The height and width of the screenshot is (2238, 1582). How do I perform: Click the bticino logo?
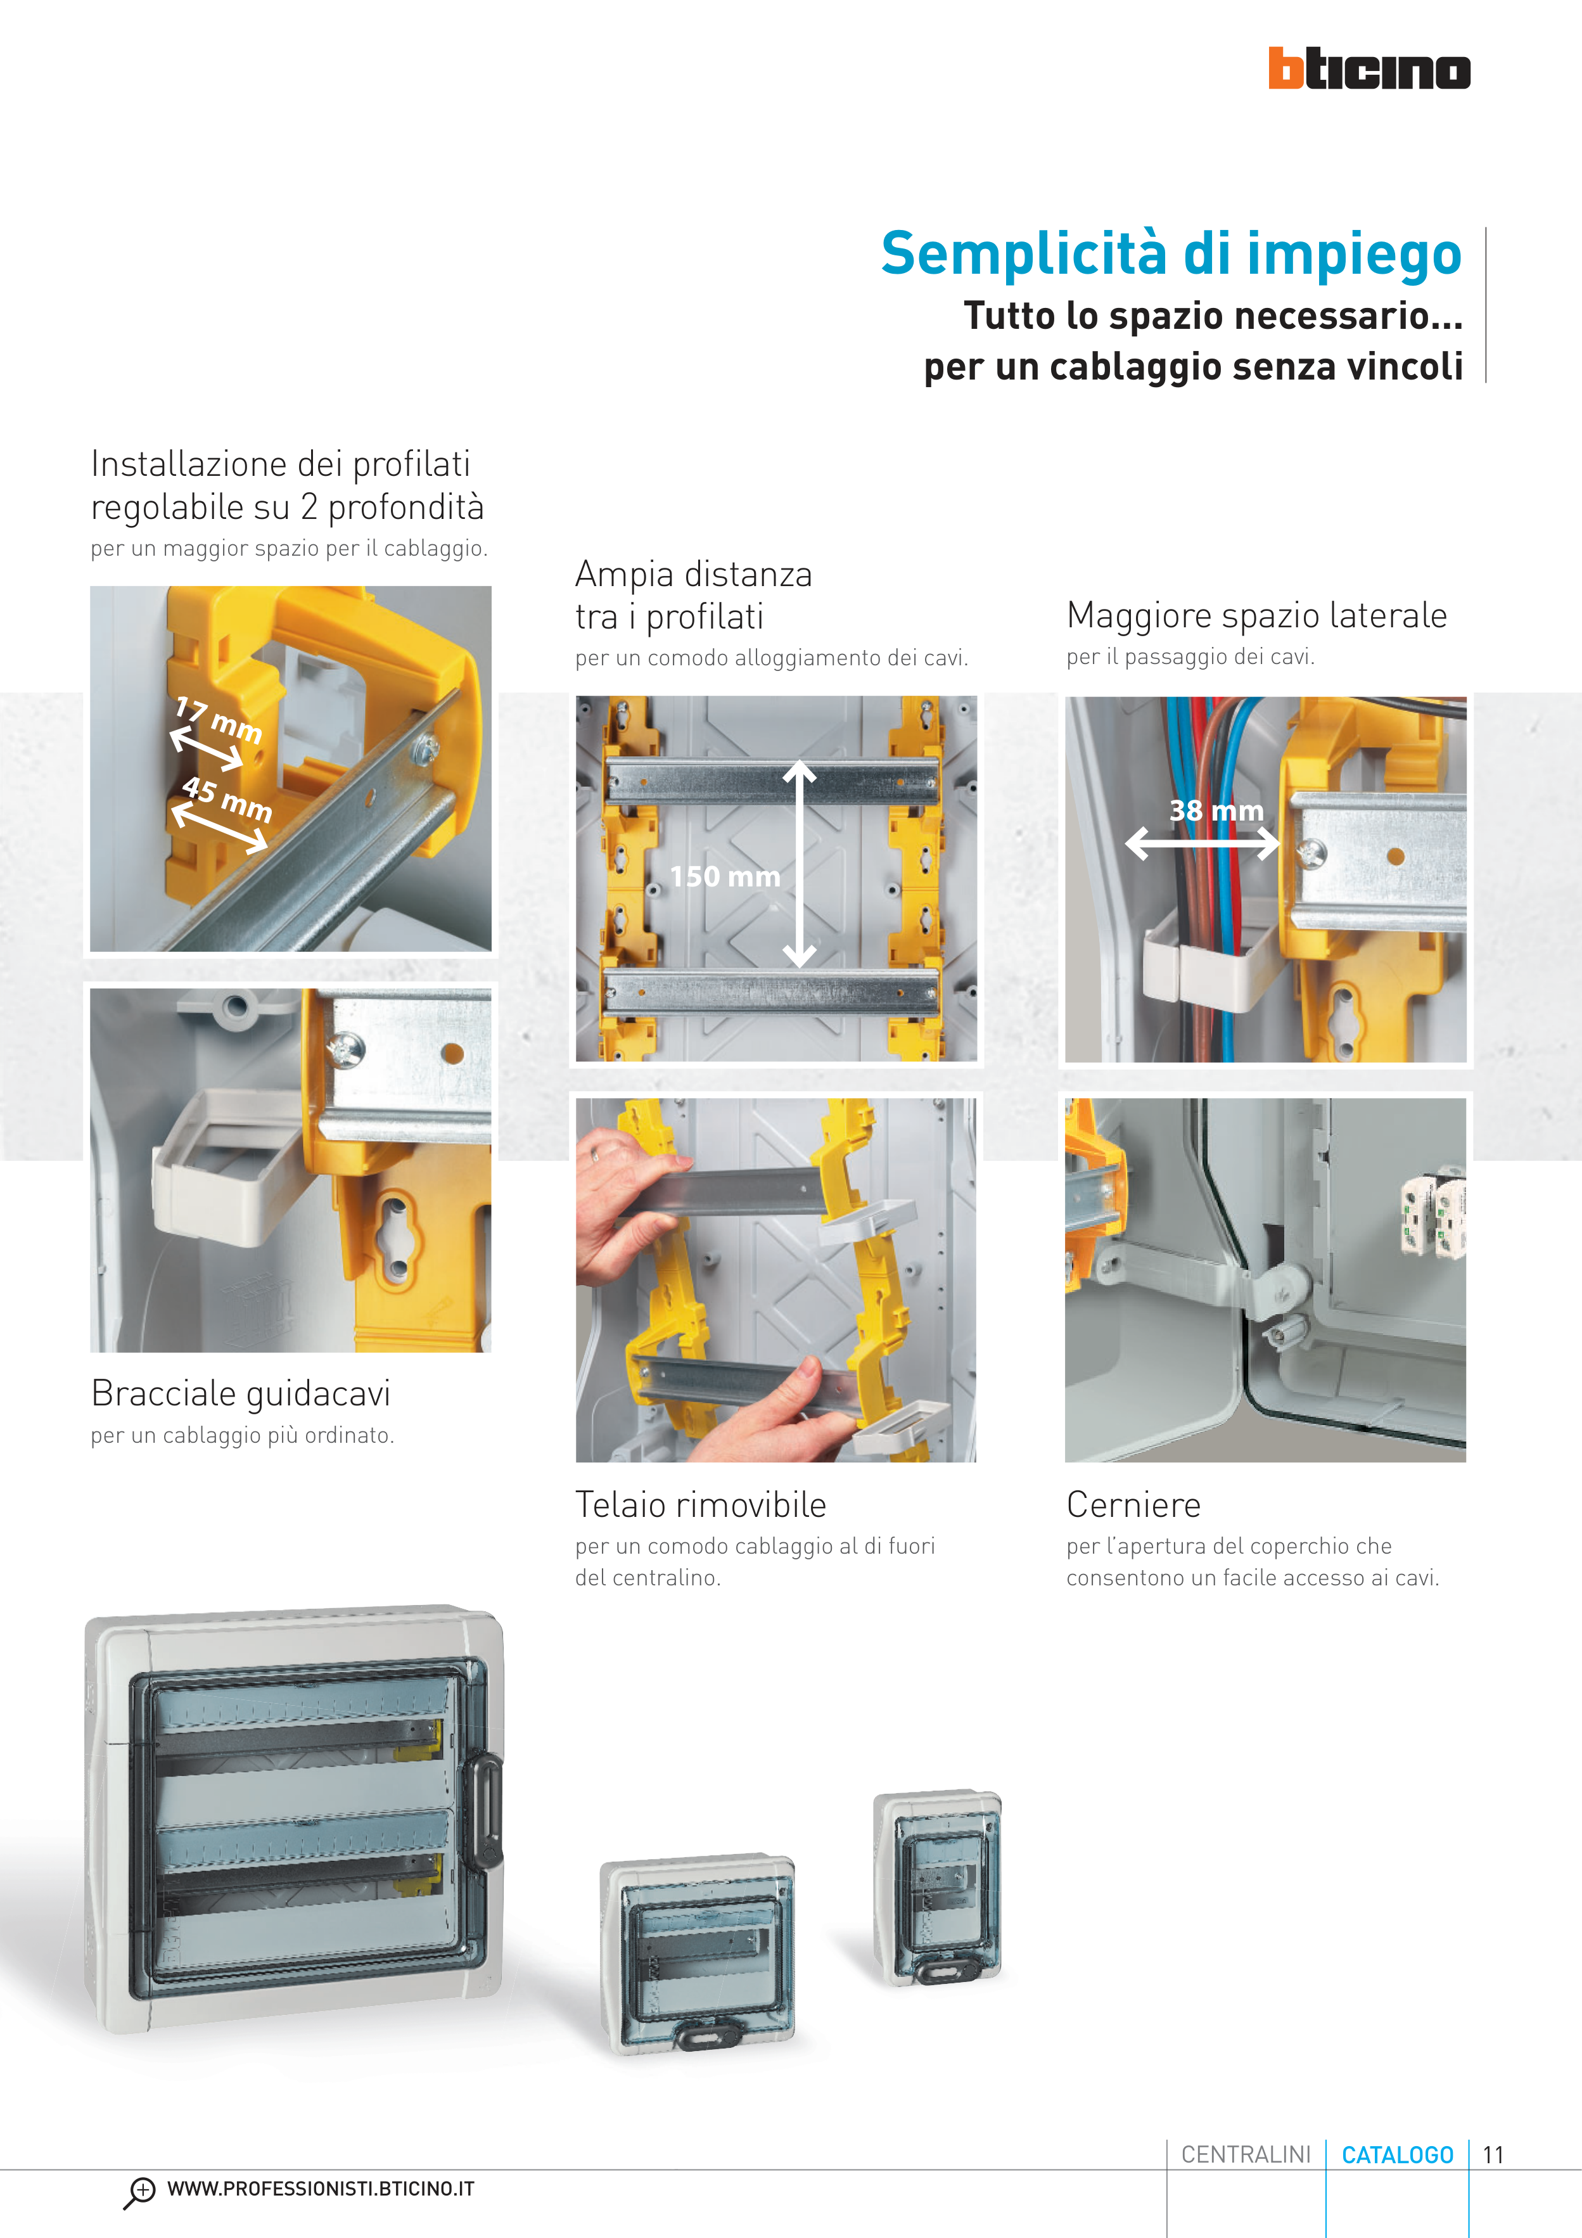click(x=1368, y=68)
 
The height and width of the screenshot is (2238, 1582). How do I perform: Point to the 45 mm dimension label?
click(x=227, y=798)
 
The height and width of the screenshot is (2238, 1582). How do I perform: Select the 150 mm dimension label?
click(x=725, y=876)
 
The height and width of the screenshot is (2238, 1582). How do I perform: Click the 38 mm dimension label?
click(x=1216, y=810)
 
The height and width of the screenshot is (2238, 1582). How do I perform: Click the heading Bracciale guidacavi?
click(x=241, y=1394)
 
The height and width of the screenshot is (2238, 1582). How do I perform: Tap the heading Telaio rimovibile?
click(x=701, y=1504)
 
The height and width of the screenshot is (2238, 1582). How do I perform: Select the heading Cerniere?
click(x=1133, y=1504)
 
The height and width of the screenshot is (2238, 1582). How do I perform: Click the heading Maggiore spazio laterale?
click(x=1256, y=616)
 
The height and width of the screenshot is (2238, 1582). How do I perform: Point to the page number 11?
click(x=1493, y=2154)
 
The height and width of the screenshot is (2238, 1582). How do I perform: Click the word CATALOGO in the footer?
click(x=1398, y=2154)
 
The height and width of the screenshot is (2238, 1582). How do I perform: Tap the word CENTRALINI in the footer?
click(x=1246, y=2154)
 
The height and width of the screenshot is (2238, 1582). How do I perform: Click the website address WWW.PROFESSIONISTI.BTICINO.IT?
click(x=321, y=2189)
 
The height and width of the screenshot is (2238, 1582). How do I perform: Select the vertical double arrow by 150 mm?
click(x=800, y=864)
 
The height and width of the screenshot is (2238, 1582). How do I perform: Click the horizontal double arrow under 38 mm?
click(x=1202, y=843)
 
